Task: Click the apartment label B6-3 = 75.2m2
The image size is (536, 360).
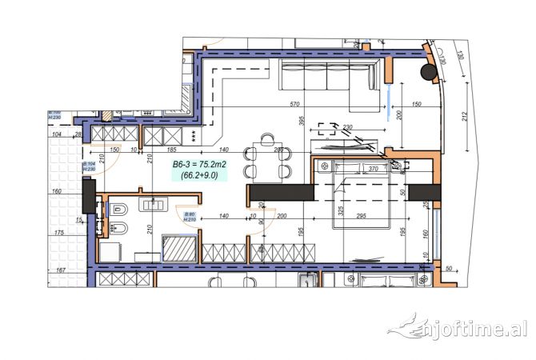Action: click(200, 164)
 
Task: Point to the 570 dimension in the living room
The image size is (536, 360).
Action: click(294, 104)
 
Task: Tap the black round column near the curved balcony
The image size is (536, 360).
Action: click(429, 72)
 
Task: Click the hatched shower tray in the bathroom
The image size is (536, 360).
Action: click(178, 247)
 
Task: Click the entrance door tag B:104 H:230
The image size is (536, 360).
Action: click(90, 166)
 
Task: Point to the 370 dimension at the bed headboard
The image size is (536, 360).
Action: click(371, 169)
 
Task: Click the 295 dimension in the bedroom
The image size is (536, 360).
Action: click(361, 216)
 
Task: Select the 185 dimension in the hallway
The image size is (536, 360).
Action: click(170, 150)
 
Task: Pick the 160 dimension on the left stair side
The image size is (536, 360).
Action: click(56, 192)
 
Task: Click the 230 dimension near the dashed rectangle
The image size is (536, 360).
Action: click(347, 127)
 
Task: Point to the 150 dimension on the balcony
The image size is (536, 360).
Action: click(415, 104)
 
